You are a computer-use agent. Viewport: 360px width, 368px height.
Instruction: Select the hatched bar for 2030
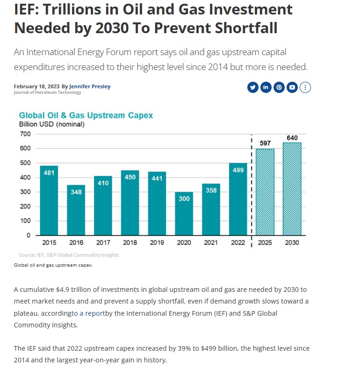coord(292,189)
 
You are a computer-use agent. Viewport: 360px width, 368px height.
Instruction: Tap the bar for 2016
coord(76,210)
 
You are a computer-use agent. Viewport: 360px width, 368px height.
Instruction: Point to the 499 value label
coord(238,170)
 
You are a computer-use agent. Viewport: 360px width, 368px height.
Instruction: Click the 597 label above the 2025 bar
coord(265,142)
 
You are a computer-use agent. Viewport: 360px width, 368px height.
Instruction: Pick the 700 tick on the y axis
coord(25,134)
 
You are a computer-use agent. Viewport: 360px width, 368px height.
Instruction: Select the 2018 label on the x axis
coord(130,243)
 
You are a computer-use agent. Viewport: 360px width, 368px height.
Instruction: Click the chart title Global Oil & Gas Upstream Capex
coord(86,115)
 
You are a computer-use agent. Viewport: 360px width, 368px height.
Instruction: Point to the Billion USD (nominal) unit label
coord(51,124)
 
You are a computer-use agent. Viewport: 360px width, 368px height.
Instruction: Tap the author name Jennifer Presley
coord(90,86)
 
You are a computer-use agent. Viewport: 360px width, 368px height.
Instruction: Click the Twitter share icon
coord(253,87)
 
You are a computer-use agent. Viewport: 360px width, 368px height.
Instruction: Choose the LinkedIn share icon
coord(266,87)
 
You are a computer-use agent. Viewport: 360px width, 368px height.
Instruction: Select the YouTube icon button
coord(292,87)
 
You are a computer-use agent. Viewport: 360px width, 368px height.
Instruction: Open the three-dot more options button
coord(305,87)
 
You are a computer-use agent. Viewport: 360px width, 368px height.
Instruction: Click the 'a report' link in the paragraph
coord(88,313)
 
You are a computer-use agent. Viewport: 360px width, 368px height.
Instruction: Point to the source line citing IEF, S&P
coord(69,255)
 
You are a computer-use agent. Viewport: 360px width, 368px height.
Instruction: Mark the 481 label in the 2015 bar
coord(49,172)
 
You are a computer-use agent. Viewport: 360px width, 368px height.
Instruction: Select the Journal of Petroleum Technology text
coord(47,92)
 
